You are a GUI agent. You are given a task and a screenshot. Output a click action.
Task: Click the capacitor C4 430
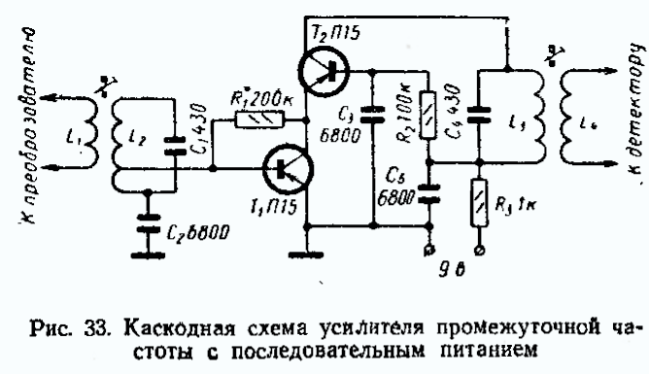[x=477, y=117]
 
